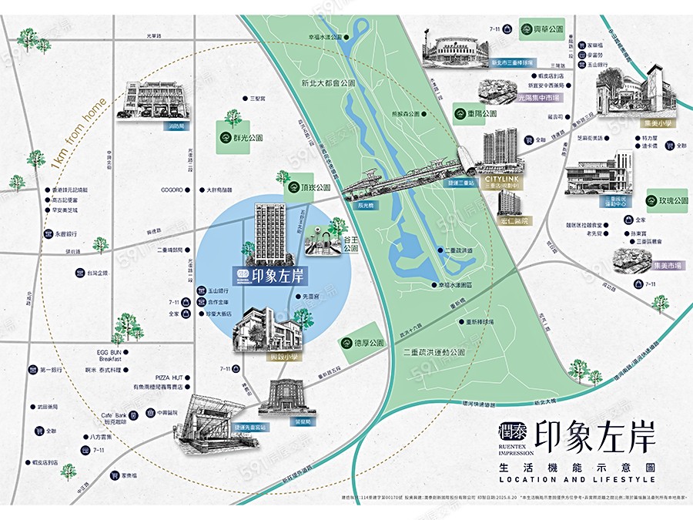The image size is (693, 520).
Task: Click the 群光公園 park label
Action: coord(248,139)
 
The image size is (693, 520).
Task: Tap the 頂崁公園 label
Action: coord(316,187)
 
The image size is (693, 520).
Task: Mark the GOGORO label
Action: coord(171,190)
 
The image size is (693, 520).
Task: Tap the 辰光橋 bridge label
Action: coord(365,206)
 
